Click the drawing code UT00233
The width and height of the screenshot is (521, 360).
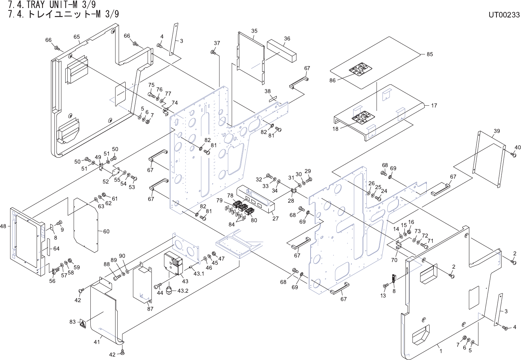[504, 15]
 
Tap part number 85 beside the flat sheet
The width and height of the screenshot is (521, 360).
[430, 54]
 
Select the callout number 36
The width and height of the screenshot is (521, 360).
[287, 39]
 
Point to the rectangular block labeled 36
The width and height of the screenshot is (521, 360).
[282, 51]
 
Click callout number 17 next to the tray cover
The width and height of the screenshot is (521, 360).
[434, 105]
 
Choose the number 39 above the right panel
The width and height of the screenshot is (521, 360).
[497, 131]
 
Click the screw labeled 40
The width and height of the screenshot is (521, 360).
[513, 155]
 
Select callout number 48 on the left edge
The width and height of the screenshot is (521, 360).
[3, 226]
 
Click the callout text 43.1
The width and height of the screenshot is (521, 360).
[199, 273]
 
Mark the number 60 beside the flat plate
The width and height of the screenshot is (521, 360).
[106, 231]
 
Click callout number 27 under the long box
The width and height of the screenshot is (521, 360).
[275, 218]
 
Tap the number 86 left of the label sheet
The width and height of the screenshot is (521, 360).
[332, 81]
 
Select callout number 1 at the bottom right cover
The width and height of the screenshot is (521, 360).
[441, 351]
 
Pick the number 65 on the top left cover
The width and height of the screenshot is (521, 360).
[77, 37]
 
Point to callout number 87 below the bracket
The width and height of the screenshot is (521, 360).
[150, 309]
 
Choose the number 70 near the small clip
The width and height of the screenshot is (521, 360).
[394, 260]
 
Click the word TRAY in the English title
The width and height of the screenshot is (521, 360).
[35, 5]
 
